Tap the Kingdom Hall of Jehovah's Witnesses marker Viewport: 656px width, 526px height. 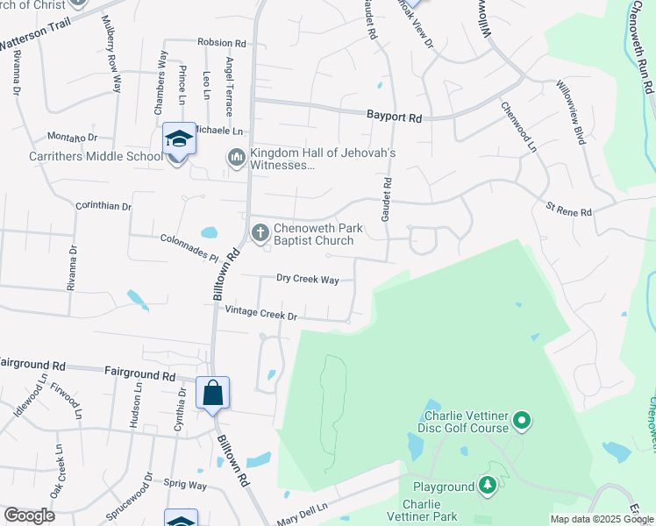[235, 159]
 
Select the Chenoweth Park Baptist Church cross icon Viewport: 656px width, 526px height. [260, 233]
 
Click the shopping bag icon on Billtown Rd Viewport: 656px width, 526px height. [213, 394]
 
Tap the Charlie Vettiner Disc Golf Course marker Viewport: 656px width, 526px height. [522, 422]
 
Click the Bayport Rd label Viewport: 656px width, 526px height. [394, 117]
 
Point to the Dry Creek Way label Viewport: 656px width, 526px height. [307, 279]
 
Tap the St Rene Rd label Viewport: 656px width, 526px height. [569, 211]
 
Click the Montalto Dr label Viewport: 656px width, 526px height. [72, 138]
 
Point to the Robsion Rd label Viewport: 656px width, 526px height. [222, 42]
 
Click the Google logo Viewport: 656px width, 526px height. [29, 515]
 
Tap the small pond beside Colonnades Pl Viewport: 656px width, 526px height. [209, 233]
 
